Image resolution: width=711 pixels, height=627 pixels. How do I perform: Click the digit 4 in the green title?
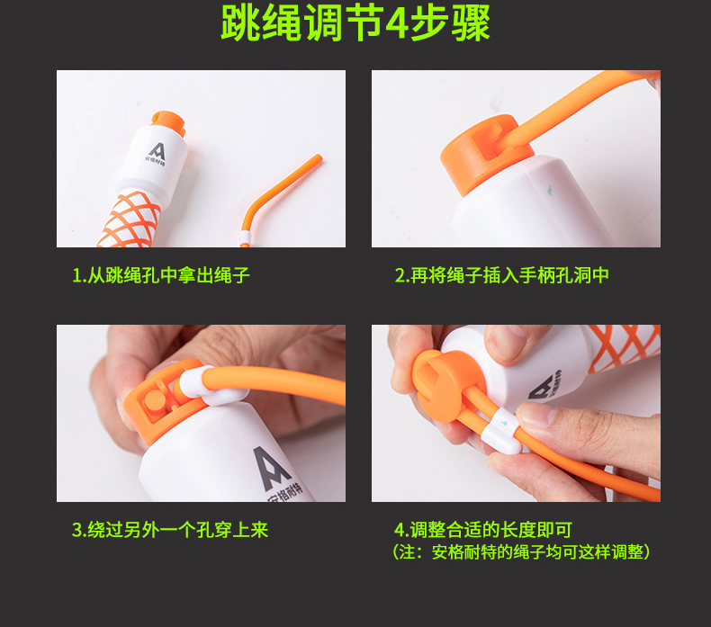(x=396, y=22)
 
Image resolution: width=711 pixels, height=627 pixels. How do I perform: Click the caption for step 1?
(x=161, y=275)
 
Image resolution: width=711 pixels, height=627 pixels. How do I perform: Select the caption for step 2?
(x=501, y=275)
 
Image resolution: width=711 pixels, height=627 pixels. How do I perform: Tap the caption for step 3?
(x=170, y=530)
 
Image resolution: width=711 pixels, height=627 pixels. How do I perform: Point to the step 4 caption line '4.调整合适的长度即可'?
(x=483, y=530)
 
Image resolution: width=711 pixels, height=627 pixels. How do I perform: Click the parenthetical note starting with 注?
(x=521, y=551)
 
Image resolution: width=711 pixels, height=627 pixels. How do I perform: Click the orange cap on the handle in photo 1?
(x=168, y=123)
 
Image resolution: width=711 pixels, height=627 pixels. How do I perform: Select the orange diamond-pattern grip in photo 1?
(x=130, y=220)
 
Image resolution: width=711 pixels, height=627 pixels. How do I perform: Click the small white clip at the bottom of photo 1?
(x=246, y=237)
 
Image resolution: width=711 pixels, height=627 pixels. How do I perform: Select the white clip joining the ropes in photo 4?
(x=501, y=431)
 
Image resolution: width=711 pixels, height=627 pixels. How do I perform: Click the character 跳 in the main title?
(x=240, y=22)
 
